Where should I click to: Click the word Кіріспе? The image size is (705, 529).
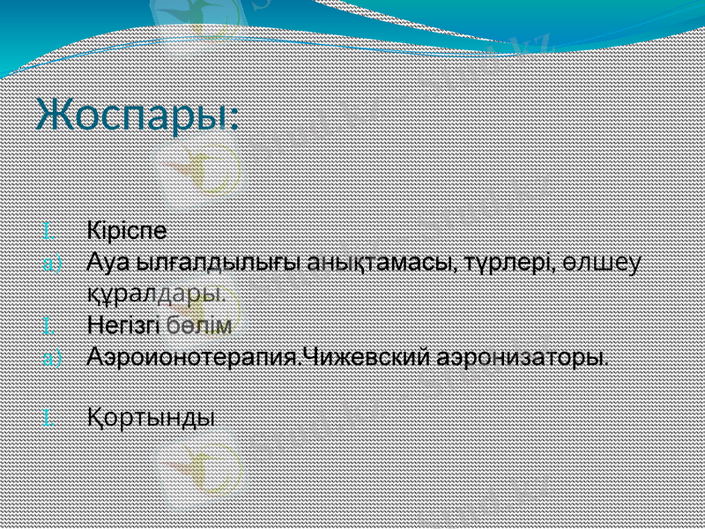(127, 231)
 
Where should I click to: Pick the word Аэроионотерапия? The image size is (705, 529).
(194, 358)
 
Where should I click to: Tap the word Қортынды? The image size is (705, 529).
(151, 415)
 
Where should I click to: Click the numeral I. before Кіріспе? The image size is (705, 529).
(49, 233)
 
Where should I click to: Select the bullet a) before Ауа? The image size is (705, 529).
(51, 264)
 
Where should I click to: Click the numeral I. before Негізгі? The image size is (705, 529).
(49, 327)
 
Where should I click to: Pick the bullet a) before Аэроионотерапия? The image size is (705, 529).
(51, 359)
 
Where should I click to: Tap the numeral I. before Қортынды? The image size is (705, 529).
(49, 416)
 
